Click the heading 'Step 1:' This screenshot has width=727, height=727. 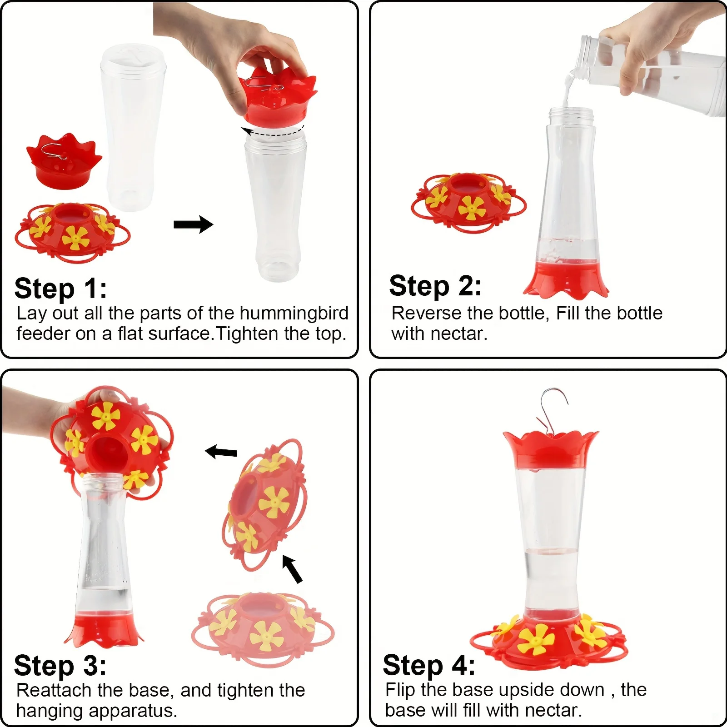[x=60, y=289]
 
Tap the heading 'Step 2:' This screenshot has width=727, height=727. [x=435, y=286]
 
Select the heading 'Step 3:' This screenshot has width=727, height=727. [x=60, y=666]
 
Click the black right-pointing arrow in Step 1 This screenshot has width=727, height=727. [x=193, y=224]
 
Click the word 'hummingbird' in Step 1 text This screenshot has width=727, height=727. [x=294, y=313]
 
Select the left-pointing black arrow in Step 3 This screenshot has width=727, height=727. [x=221, y=452]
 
